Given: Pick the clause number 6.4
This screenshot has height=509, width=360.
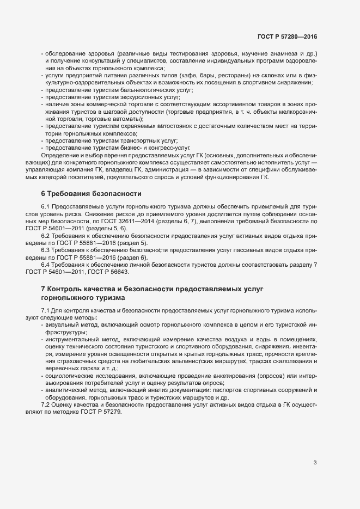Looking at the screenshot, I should click(46, 264).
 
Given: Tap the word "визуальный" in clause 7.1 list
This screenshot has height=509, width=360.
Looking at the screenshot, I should click(62, 324).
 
